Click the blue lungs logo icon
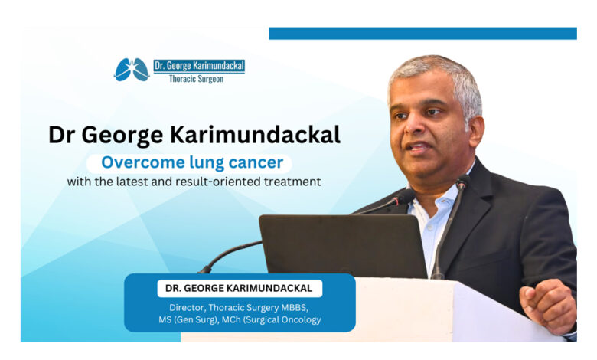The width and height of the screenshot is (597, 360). [132, 70]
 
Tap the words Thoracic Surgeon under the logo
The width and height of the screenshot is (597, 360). [196, 79]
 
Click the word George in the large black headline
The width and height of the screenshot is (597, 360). [122, 136]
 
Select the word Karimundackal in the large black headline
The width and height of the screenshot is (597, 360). [255, 135]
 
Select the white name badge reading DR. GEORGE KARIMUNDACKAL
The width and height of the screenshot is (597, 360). [240, 288]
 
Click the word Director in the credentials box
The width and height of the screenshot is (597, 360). [187, 307]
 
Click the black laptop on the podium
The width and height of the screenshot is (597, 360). [343, 246]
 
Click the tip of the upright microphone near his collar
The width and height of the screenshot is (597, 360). [462, 182]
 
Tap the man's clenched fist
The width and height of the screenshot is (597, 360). [548, 306]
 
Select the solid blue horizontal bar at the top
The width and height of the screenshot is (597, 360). [422, 33]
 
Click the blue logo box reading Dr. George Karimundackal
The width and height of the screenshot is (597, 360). [199, 66]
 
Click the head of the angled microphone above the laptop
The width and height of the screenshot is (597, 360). [406, 196]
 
